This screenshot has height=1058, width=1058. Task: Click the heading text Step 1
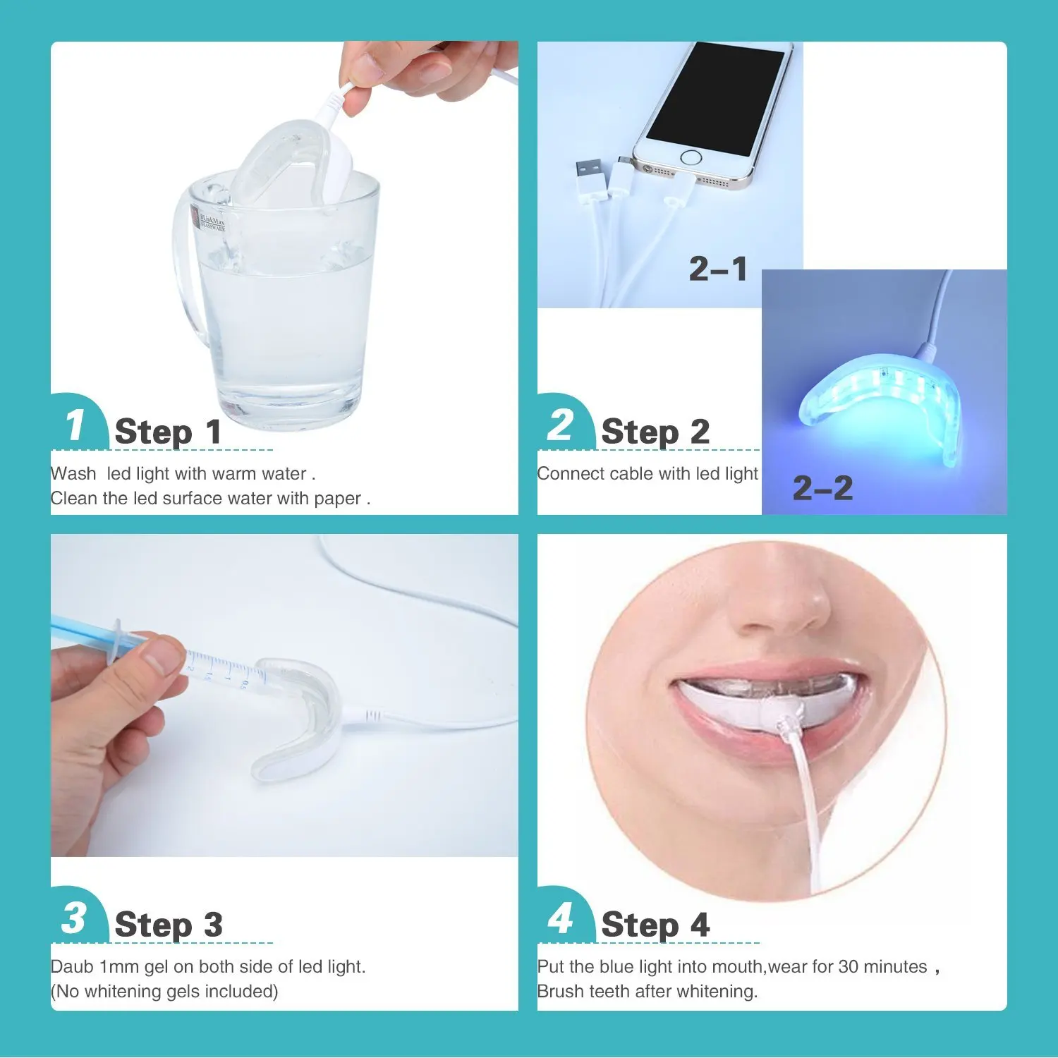pos(168,432)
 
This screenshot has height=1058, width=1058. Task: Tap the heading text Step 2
pos(655,432)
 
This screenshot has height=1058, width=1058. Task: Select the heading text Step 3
pos(168,925)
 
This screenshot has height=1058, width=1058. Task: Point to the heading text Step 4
pos(655,925)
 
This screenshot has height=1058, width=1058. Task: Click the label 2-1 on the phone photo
pos(718,269)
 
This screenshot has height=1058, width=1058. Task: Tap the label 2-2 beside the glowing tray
pos(822,488)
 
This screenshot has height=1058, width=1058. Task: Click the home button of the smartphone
pos(692,157)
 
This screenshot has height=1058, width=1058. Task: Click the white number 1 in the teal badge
pos(75,425)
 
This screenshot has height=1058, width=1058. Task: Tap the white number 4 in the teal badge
pos(561,918)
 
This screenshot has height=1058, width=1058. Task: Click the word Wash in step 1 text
pos(73,473)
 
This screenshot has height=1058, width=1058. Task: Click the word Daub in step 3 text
pos(72,966)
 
